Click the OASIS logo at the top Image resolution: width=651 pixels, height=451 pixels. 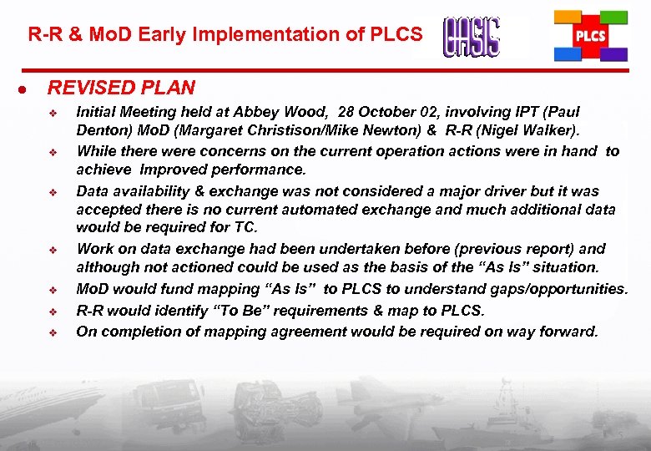point(472,38)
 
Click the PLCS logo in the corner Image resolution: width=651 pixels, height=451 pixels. point(591,37)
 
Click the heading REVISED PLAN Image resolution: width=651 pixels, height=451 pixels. point(121,88)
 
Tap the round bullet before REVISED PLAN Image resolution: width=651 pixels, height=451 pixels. point(28,89)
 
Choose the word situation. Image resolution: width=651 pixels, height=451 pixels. point(560,267)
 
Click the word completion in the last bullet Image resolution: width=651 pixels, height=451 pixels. point(140,332)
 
